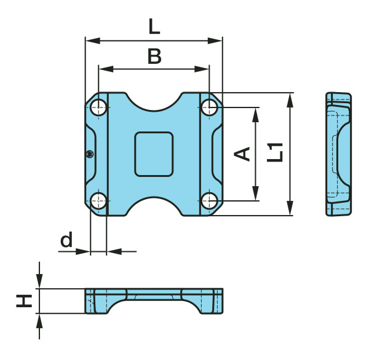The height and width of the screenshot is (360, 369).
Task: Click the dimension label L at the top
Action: click(x=154, y=26)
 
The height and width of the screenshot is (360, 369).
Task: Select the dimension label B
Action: click(x=154, y=56)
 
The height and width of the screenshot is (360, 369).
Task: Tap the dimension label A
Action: click(x=242, y=154)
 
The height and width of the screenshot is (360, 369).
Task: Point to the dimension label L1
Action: click(x=275, y=152)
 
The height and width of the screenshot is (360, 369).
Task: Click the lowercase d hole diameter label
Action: click(x=66, y=240)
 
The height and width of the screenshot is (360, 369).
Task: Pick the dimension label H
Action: click(x=24, y=301)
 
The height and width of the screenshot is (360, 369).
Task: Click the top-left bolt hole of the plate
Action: click(x=98, y=108)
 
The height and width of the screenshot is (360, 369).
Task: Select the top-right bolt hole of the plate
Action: click(x=209, y=108)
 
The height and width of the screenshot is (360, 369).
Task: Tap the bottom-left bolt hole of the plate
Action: click(x=98, y=201)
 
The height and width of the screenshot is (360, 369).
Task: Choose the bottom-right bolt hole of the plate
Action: click(x=209, y=201)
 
